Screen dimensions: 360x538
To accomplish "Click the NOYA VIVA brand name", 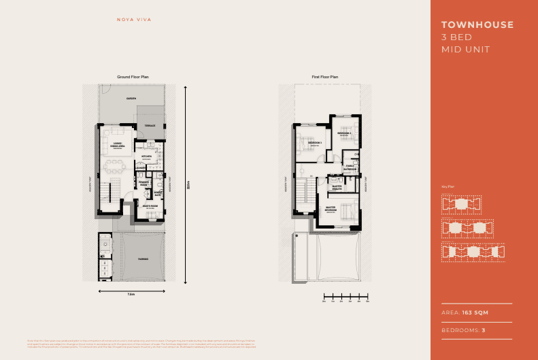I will click(x=132, y=30).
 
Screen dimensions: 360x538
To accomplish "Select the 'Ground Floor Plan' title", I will click(x=133, y=78).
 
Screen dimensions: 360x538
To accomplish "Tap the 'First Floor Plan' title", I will click(x=325, y=78).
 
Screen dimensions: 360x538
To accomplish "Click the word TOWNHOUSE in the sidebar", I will click(x=477, y=25).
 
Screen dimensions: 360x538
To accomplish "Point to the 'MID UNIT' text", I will click(x=466, y=50).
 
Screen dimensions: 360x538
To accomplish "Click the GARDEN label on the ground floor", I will click(x=131, y=99).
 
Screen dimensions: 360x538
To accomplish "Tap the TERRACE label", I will click(x=150, y=126).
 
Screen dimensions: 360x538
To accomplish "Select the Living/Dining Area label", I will click(x=117, y=144).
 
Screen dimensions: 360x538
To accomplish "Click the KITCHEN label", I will click(x=146, y=157).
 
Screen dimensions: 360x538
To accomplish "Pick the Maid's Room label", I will click(x=150, y=206).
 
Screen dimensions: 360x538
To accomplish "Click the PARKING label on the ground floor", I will click(x=144, y=259).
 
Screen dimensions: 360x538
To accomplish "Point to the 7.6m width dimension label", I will click(x=131, y=295).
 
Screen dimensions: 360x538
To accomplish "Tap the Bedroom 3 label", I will click(x=314, y=143).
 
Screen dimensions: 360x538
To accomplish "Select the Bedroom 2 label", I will click(x=344, y=133).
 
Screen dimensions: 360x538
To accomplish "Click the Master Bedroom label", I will click(x=331, y=209).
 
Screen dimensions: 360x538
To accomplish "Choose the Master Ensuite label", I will click(x=337, y=186).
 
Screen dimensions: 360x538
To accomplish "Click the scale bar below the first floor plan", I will click(x=345, y=296).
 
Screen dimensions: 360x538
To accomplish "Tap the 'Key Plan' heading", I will click(x=448, y=186).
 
